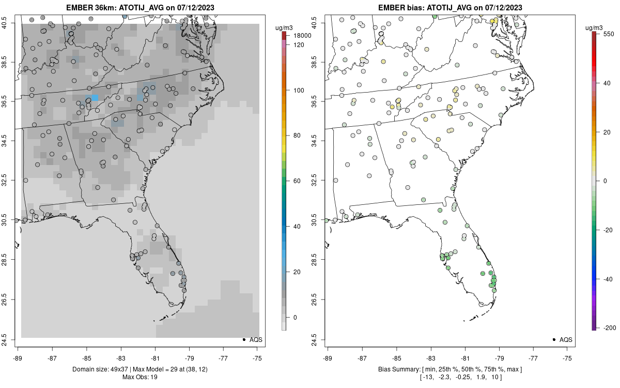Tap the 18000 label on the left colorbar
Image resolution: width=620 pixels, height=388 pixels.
pyautogui.click(x=302, y=36)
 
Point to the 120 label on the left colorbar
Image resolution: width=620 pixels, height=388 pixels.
pyautogui.click(x=299, y=45)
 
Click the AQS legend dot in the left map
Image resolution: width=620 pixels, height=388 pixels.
pyautogui.click(x=243, y=340)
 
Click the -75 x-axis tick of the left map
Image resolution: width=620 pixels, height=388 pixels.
pyautogui.click(x=257, y=357)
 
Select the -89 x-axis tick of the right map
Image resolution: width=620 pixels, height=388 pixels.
pyautogui.click(x=328, y=357)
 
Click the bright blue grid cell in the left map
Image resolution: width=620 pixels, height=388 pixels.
pyautogui.click(x=95, y=98)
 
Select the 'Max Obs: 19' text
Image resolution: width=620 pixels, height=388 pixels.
pyautogui.click(x=139, y=377)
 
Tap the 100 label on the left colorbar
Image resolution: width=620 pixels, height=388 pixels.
pyautogui.click(x=299, y=90)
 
